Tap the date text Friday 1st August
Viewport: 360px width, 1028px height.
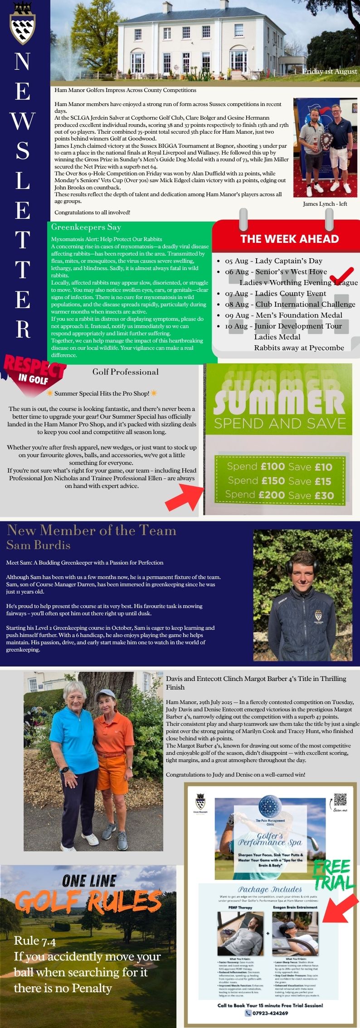tap(330, 71)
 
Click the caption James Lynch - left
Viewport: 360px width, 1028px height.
tap(325, 204)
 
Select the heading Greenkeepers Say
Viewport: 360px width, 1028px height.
tap(86, 227)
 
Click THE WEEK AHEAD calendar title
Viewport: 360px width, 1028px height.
tap(289, 239)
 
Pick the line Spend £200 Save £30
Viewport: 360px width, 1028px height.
tap(279, 495)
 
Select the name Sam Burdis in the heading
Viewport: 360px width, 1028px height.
tap(39, 545)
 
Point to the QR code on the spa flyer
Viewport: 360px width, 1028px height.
tap(340, 799)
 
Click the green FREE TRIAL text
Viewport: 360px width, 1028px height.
tap(333, 874)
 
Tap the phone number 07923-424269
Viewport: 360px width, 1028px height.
tap(270, 1013)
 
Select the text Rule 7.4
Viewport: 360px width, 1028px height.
tap(35, 941)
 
